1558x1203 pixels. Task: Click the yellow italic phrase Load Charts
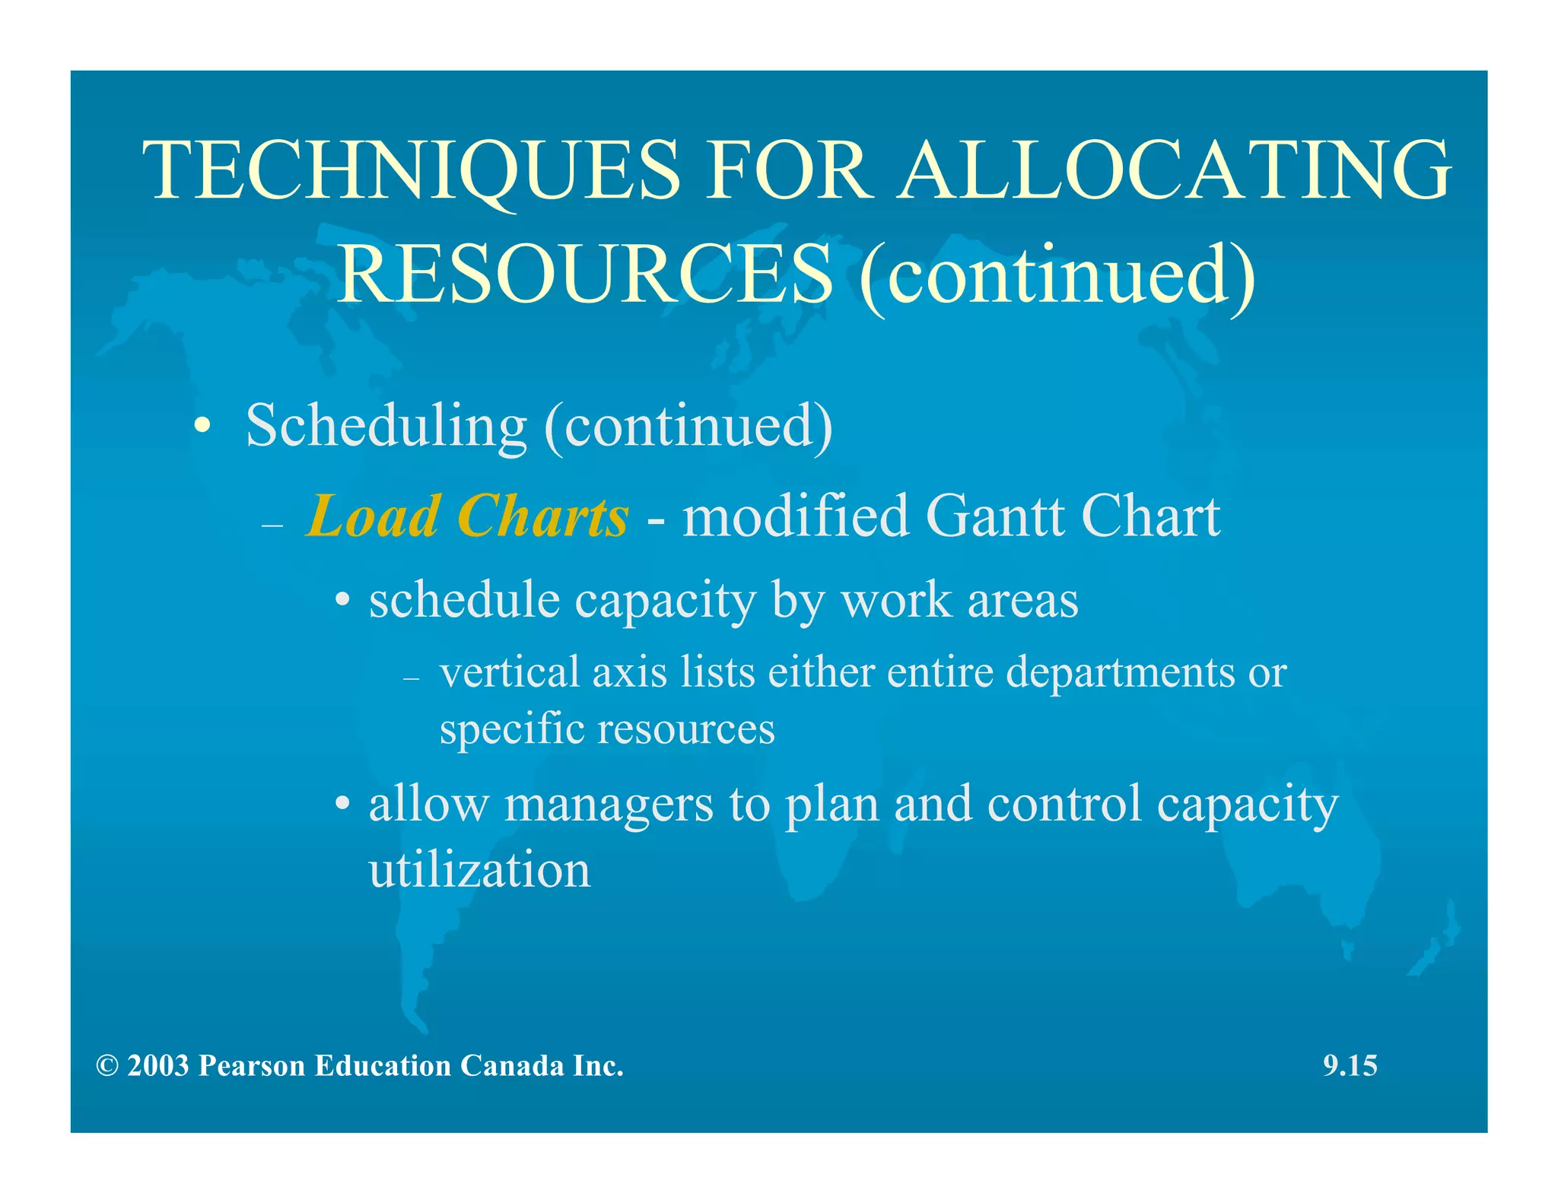click(x=467, y=516)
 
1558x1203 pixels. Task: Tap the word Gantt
click(x=996, y=516)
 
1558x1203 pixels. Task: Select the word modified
click(x=796, y=516)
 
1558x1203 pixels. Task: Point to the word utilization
click(x=479, y=871)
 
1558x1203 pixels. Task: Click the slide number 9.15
click(x=1350, y=1066)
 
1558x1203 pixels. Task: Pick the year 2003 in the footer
click(x=158, y=1066)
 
